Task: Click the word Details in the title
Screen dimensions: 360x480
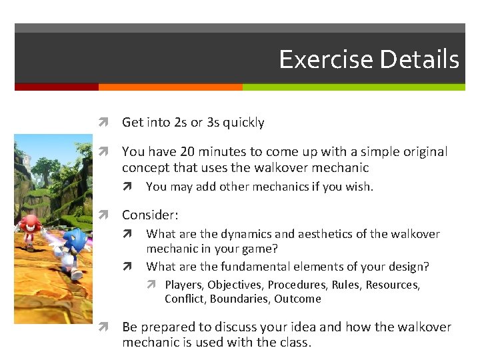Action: pos(419,59)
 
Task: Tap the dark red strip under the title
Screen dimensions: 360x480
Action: pos(56,87)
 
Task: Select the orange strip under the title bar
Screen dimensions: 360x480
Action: pos(170,87)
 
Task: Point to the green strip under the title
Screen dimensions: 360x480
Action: pos(353,87)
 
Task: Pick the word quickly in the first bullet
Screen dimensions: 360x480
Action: pos(243,123)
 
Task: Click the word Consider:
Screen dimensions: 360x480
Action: pos(150,215)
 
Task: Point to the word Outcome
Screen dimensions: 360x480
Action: pos(297,299)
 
